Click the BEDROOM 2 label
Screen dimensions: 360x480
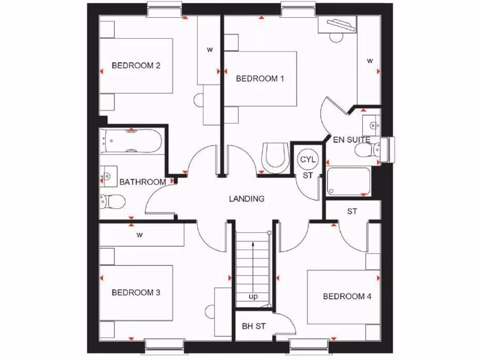136,66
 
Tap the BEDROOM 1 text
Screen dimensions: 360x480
260,79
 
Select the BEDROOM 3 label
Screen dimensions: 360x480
136,292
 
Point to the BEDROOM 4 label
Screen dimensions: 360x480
347,296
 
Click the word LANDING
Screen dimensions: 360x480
247,199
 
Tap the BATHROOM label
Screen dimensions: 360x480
142,182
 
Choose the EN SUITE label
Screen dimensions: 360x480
352,140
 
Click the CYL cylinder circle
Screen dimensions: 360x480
308,159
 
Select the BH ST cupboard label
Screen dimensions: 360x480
254,326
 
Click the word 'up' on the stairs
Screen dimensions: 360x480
253,297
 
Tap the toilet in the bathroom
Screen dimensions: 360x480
112,202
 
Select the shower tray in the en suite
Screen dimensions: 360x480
349,181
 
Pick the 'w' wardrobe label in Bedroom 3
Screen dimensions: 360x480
139,235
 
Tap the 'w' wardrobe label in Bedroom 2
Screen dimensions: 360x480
210,49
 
